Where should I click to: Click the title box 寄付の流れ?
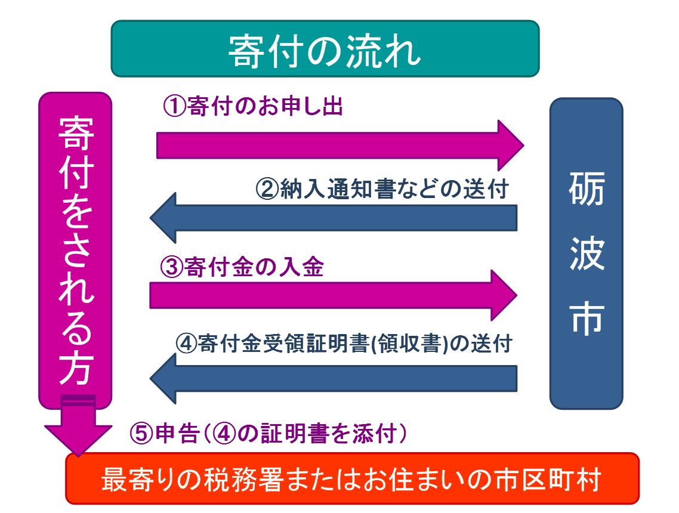[325, 48]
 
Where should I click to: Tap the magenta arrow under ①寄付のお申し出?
[340, 146]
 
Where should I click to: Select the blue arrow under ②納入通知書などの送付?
[334, 218]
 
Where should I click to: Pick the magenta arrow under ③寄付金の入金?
[334, 295]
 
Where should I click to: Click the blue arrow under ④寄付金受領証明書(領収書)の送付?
[334, 378]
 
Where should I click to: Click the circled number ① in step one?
[174, 106]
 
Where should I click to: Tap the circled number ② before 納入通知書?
[267, 188]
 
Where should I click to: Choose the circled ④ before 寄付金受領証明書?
[187, 344]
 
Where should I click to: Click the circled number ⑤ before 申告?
[141, 433]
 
